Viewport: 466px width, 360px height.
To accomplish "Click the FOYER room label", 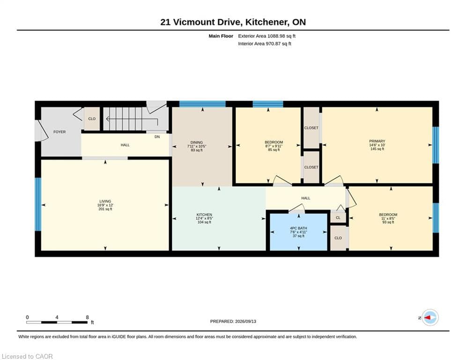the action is click(59, 132).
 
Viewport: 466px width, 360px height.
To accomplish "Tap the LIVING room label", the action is click(105, 202).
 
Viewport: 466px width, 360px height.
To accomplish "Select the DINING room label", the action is click(196, 142).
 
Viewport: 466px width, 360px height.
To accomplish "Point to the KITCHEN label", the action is click(204, 215).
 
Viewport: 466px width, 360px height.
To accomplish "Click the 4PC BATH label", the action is click(298, 228).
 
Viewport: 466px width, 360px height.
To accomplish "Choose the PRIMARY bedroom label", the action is click(377, 141).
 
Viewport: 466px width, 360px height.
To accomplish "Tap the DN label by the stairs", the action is click(157, 137).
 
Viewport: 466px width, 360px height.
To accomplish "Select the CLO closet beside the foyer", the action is click(92, 119).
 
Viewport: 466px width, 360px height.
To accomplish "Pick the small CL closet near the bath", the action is click(338, 218).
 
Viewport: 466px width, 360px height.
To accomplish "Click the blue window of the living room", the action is click(38, 204).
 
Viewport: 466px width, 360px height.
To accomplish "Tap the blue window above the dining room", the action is click(202, 104).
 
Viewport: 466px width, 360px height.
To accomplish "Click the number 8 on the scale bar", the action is click(88, 317).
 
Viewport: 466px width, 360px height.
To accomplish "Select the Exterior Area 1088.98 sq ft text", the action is click(266, 36).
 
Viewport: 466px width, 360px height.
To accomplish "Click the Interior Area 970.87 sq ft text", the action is click(265, 44).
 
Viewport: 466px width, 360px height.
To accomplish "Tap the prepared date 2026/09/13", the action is click(245, 321).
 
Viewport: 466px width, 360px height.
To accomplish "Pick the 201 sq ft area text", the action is click(105, 209).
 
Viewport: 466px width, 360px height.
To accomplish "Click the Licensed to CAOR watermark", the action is click(27, 356).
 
